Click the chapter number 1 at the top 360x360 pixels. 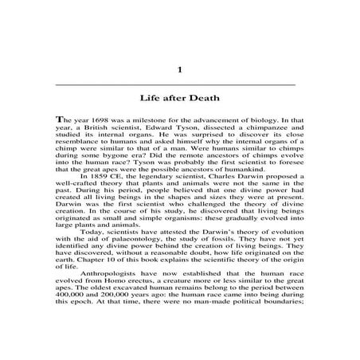coord(180,70)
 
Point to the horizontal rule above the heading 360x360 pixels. coord(180,84)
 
